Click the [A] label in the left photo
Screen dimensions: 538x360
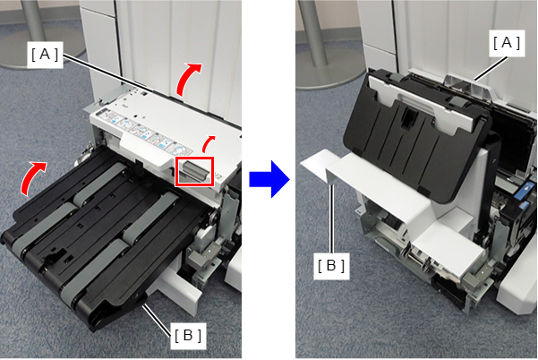45,55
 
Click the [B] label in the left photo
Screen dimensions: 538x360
188,335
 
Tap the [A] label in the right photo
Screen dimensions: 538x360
507,43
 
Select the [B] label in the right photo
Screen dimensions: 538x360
331,266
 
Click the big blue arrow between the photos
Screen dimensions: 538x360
269,179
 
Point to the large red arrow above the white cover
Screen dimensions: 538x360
187,78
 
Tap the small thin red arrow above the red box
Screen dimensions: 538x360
208,144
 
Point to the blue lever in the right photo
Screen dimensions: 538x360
525,188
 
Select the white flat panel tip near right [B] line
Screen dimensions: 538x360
314,162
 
